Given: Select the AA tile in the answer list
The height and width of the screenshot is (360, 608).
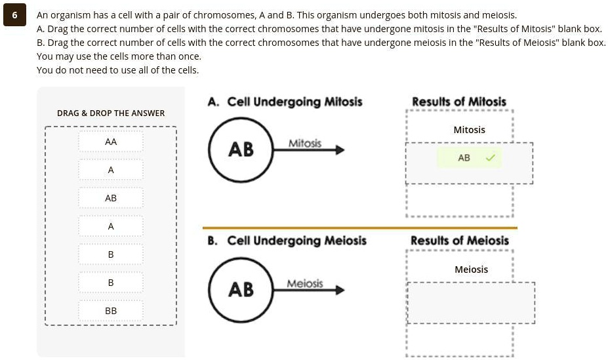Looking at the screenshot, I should click(111, 142).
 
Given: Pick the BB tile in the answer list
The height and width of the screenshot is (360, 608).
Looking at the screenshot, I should click(111, 311).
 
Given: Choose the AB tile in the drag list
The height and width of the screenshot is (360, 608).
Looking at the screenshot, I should click(111, 198).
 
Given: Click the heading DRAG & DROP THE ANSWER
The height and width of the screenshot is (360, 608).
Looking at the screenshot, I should click(111, 113).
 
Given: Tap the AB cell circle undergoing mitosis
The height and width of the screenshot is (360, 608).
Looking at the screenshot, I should click(240, 150).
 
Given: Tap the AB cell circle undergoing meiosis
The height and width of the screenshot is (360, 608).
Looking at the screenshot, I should click(240, 289).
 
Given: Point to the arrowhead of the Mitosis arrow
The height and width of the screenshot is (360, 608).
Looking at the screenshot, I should click(339, 150).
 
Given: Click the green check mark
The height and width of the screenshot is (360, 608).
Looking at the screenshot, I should click(490, 158).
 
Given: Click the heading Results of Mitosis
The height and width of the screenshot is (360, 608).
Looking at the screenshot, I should click(459, 102).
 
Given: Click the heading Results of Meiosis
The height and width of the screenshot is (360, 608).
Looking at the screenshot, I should click(459, 241).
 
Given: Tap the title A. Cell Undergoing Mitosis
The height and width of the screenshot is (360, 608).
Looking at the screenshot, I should click(285, 102).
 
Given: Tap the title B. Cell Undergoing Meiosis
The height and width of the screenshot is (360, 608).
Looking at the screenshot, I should click(287, 241).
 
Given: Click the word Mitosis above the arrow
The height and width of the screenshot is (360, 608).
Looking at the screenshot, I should click(305, 143).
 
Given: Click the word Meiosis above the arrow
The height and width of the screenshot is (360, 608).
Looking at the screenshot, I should click(305, 283).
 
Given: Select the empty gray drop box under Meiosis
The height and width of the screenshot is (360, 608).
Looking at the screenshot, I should click(471, 302).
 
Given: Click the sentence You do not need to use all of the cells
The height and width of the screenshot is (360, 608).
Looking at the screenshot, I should click(118, 70).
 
